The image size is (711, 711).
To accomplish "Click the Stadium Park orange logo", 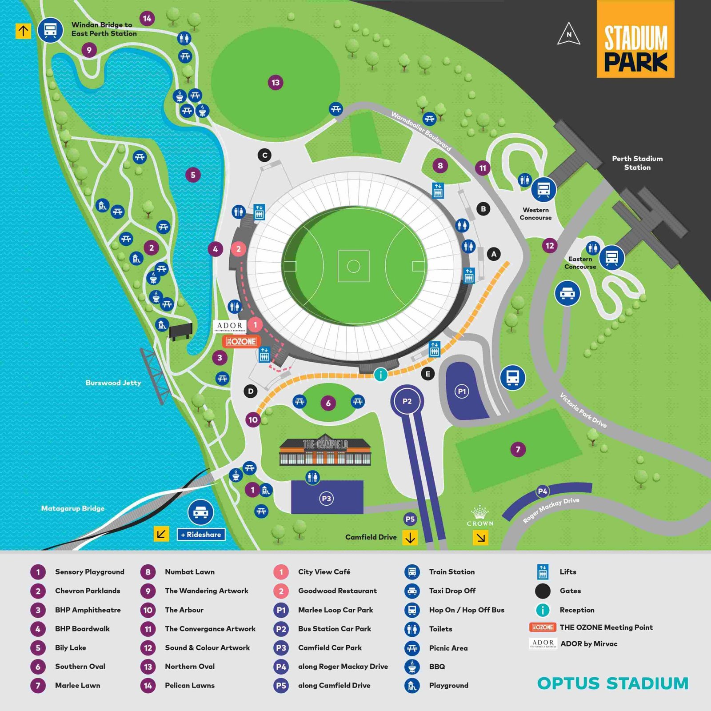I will [635, 39].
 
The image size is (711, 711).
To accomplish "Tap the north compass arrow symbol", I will [569, 34].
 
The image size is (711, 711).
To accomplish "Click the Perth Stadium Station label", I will [637, 163].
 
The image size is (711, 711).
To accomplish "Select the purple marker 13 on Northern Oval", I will [276, 83].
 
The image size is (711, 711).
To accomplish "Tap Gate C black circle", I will [265, 155].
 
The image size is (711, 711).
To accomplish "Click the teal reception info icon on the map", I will [380, 375].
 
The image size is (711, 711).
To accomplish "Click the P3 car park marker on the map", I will [327, 499].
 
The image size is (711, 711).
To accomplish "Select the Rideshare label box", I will [201, 535].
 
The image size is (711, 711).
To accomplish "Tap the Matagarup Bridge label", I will [73, 508].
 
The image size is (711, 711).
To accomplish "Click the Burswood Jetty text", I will [113, 383].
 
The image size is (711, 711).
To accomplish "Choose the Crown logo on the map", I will [479, 516].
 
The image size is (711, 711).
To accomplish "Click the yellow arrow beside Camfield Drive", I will [410, 538].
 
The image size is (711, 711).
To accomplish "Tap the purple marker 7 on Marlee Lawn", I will [518, 449].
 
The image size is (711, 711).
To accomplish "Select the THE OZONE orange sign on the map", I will [241, 341].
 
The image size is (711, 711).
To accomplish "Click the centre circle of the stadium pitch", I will [353, 266].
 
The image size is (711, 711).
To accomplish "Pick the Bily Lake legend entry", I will [70, 647].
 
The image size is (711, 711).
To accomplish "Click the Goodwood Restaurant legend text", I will [337, 591].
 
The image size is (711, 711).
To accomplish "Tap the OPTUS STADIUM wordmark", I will [613, 683].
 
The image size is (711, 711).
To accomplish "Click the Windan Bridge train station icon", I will [50, 30].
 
